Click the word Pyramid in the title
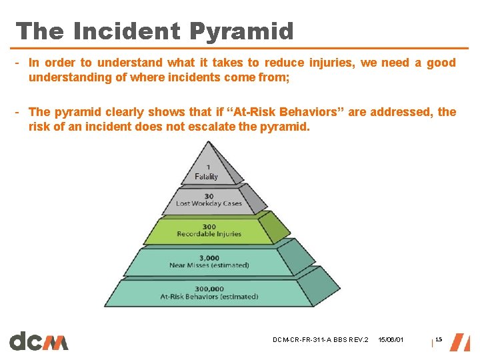[241, 31]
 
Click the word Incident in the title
[127, 31]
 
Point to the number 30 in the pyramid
[209, 195]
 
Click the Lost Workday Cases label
[209, 204]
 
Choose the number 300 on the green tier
[209, 226]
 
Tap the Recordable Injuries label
[209, 234]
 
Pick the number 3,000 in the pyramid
[209, 257]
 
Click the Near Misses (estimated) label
[209, 265]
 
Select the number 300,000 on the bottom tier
[209, 288]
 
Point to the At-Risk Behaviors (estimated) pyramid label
[209, 297]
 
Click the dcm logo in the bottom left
[39, 341]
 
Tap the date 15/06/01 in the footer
[391, 341]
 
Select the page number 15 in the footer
[438, 340]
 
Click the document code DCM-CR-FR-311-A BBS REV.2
[320, 341]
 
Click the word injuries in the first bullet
[333, 63]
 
